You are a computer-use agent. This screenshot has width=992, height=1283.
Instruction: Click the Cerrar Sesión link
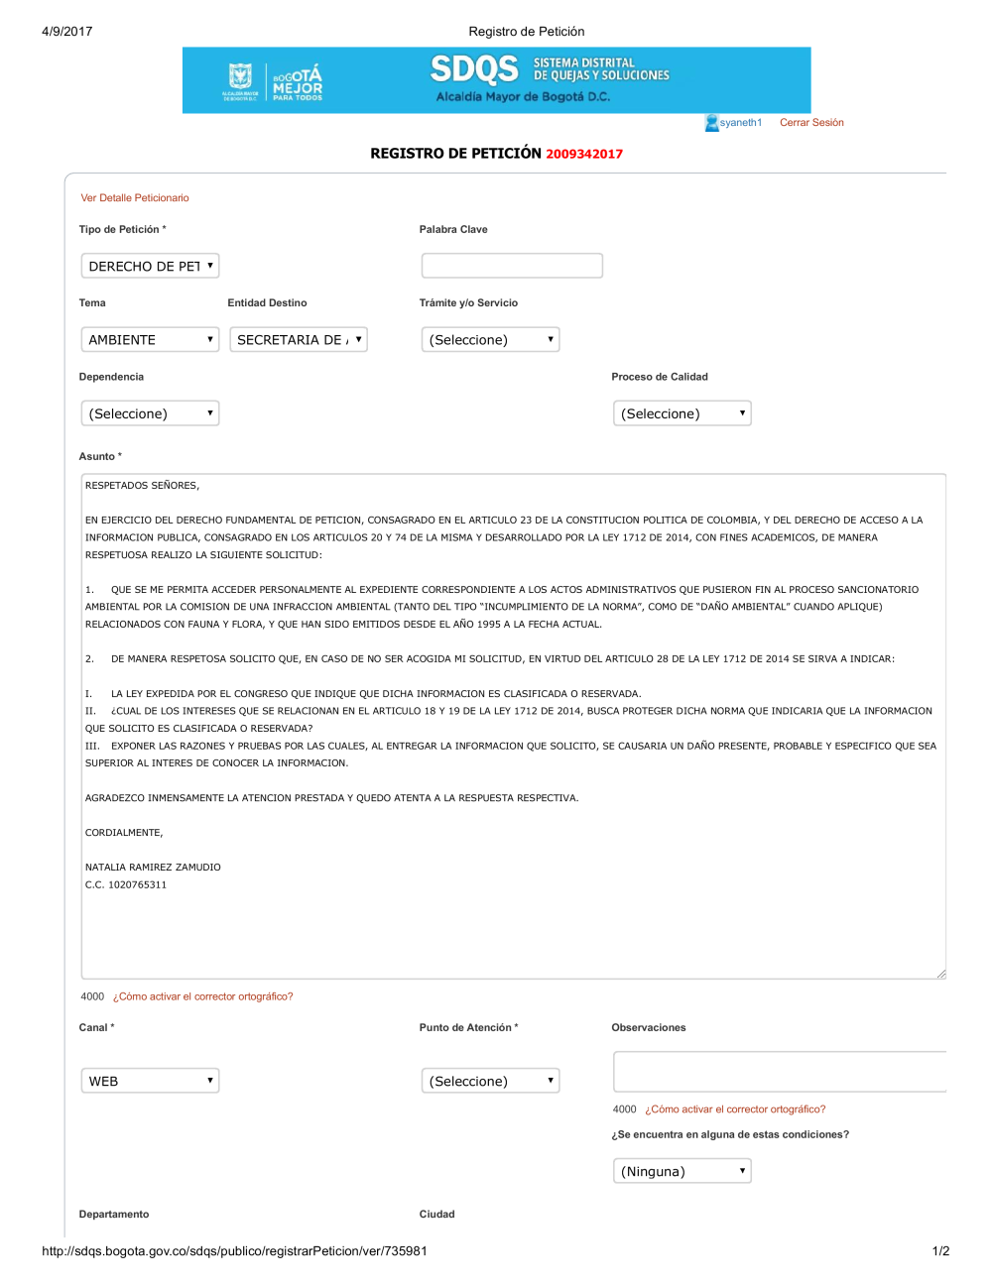click(811, 123)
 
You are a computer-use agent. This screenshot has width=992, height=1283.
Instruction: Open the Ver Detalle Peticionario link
click(135, 198)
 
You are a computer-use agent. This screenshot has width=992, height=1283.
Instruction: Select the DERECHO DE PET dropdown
click(150, 266)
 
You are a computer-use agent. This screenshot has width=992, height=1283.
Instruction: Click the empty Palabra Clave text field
click(512, 266)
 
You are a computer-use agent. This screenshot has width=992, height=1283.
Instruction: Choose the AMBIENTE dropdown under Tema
click(150, 340)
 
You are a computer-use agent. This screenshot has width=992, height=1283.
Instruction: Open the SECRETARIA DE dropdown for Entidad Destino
click(299, 340)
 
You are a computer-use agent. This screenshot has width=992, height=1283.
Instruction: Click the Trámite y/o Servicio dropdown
click(490, 340)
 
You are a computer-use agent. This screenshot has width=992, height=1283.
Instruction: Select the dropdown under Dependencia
click(150, 413)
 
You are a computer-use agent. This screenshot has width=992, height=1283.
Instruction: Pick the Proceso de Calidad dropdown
click(682, 413)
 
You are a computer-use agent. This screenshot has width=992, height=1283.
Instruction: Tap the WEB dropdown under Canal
click(150, 1081)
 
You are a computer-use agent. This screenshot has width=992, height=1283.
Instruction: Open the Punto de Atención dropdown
click(490, 1081)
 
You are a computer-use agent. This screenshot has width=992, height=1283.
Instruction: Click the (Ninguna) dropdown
click(682, 1171)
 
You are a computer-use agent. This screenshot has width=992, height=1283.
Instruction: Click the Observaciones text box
click(780, 1072)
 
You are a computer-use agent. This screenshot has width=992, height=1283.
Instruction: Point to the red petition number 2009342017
click(584, 154)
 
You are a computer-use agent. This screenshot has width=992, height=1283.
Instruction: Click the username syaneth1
click(740, 123)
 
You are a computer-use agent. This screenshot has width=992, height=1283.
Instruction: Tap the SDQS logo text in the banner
click(474, 69)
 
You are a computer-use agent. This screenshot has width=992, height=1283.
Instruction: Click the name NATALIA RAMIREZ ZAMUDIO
click(153, 868)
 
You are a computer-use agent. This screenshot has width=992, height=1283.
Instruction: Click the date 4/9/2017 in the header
click(67, 32)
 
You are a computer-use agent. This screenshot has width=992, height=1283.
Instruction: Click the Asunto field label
click(97, 457)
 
